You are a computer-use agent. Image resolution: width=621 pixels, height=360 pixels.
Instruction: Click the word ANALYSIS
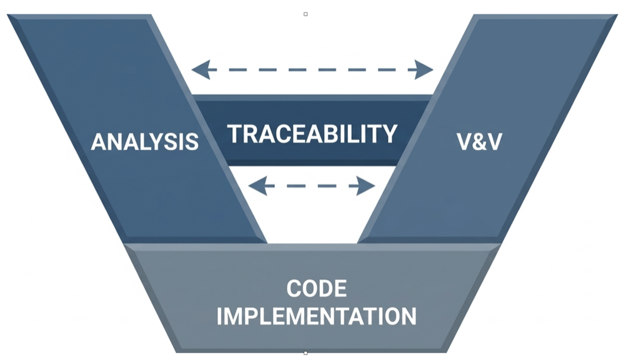[x=144, y=142]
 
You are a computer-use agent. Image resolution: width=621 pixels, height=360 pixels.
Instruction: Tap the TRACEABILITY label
[x=312, y=134]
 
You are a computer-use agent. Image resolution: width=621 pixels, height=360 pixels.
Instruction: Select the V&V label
[x=479, y=142]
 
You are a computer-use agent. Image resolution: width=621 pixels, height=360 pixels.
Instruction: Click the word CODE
[x=316, y=289]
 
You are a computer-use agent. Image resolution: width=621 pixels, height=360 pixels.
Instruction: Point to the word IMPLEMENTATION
[x=316, y=316]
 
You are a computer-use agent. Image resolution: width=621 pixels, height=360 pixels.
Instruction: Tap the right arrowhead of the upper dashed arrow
[x=425, y=69]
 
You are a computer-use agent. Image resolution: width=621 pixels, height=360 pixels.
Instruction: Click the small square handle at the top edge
[x=306, y=14]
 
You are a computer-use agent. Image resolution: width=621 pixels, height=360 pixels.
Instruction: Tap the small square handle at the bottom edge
[x=306, y=353]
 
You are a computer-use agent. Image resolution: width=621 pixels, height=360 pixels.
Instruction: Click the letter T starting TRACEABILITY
[x=234, y=134]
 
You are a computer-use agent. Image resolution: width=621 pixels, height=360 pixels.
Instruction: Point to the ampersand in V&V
[x=479, y=142]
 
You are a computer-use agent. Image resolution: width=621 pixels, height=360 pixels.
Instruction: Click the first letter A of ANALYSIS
[x=99, y=142]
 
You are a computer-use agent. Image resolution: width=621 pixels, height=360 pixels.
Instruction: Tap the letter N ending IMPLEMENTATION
[x=407, y=316]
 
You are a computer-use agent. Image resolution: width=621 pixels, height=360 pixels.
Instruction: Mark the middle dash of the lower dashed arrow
[x=312, y=186]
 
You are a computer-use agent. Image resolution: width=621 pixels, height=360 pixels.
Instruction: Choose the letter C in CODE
[x=294, y=289]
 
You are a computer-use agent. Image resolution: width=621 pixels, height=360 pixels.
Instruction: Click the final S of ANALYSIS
[x=191, y=142]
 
